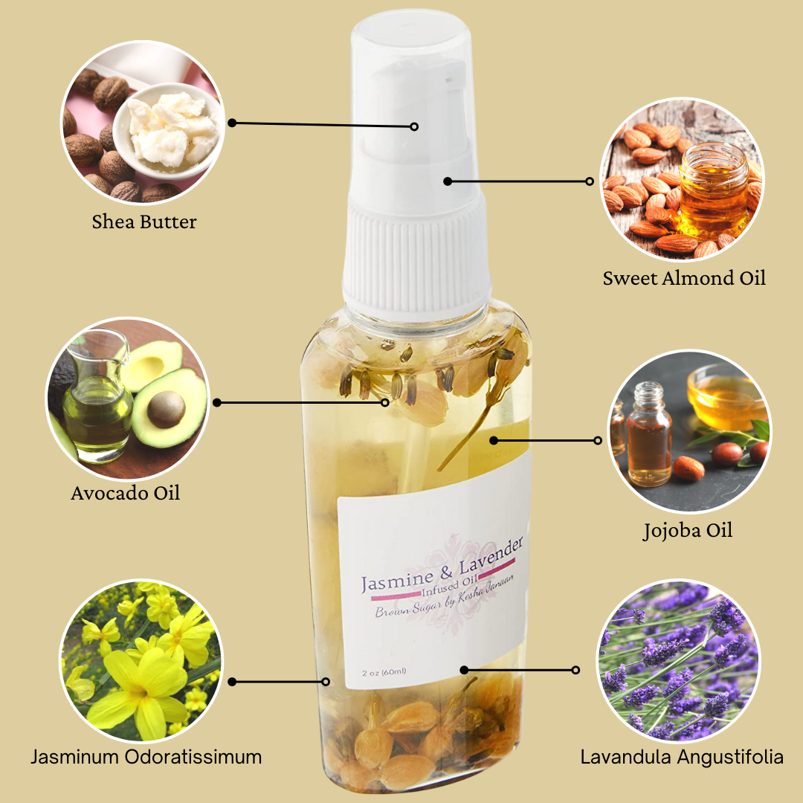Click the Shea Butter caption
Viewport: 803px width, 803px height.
144,222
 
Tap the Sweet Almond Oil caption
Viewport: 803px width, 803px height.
684,278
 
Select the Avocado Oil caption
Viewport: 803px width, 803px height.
126,493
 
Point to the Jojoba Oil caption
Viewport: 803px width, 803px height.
688,531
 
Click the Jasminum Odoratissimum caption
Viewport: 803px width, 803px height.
146,756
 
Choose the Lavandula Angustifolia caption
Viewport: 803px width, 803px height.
682,756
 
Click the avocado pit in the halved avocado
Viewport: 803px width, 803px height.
166,409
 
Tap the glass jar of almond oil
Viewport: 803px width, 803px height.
714,186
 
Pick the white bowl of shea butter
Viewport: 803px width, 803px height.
167,131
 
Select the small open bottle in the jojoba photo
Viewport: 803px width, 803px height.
649,434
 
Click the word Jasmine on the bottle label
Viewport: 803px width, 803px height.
397,581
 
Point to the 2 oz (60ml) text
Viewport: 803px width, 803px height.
384,672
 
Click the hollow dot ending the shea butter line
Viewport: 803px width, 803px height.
414,126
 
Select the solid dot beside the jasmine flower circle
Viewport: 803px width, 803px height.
232,682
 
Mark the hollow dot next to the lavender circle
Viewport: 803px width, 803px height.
575,670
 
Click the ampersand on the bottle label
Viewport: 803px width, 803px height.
446,573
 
